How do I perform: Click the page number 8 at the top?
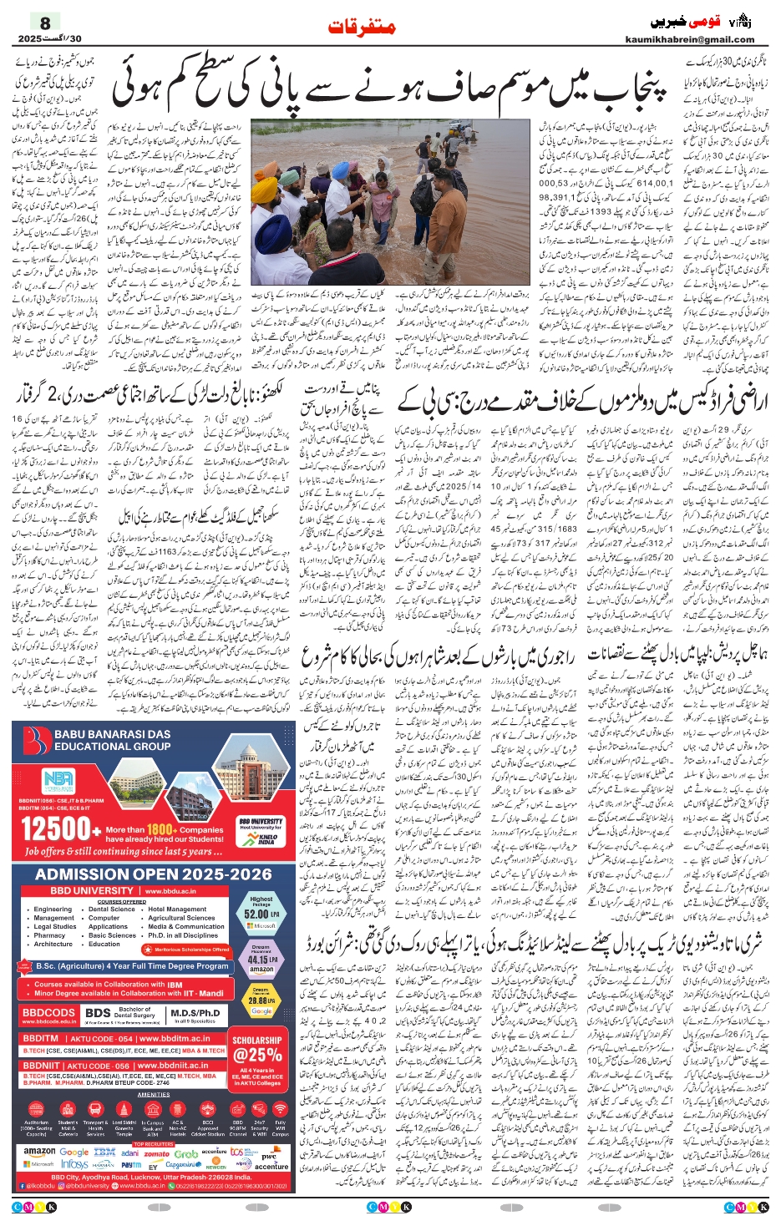pyautogui.click(x=45, y=23)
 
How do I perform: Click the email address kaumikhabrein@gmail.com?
pyautogui.click(x=689, y=39)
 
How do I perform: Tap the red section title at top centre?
pyautogui.click(x=361, y=27)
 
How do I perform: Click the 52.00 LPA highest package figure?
pyautogui.click(x=261, y=913)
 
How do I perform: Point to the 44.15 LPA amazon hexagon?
pyautogui.click(x=261, y=960)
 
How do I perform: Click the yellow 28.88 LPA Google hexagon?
pyautogui.click(x=261, y=1000)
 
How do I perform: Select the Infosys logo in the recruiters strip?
pyautogui.click(x=74, y=1164)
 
